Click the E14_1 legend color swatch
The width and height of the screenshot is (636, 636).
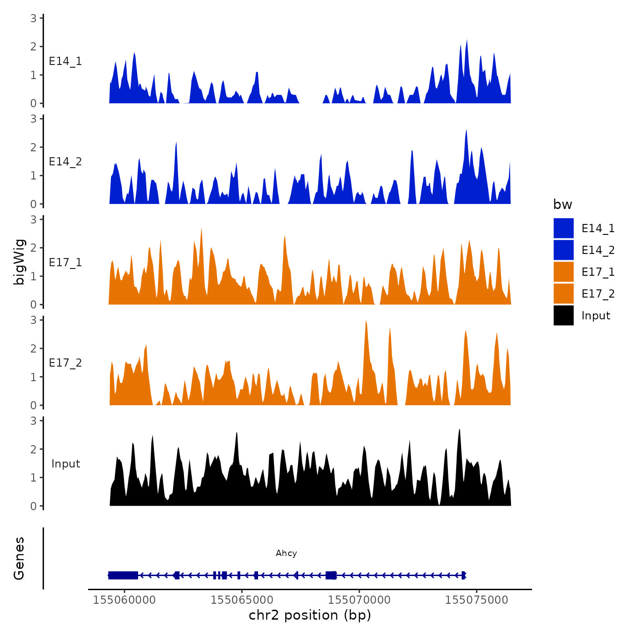tap(563, 228)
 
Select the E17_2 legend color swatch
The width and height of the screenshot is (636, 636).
tap(563, 293)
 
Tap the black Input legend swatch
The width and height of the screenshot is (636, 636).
tap(563, 315)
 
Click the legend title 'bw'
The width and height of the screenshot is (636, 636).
tap(562, 205)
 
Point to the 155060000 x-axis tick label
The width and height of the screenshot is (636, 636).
tap(124, 600)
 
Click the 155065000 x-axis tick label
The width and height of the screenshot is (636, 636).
tap(242, 600)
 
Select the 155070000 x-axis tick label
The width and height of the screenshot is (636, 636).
tap(359, 600)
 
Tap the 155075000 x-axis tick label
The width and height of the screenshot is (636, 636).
tap(477, 600)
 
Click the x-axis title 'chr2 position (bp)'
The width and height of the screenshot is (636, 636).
tap(310, 615)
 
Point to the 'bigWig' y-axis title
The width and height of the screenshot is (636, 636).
tap(19, 262)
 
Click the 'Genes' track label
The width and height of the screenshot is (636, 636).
tap(19, 558)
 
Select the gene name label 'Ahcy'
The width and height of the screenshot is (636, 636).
tap(286, 553)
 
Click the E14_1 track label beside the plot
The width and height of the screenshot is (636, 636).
tap(65, 61)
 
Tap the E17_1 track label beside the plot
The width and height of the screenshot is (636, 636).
tap(65, 263)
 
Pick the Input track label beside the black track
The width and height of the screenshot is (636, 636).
tap(65, 464)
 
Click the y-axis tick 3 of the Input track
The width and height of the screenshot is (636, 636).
tap(34, 421)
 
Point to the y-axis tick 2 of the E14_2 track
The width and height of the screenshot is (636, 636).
tap(34, 147)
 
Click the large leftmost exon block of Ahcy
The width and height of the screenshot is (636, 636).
tap(123, 575)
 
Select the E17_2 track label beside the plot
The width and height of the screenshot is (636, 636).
tap(65, 363)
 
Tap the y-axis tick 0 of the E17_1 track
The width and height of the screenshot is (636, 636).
tap(34, 304)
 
